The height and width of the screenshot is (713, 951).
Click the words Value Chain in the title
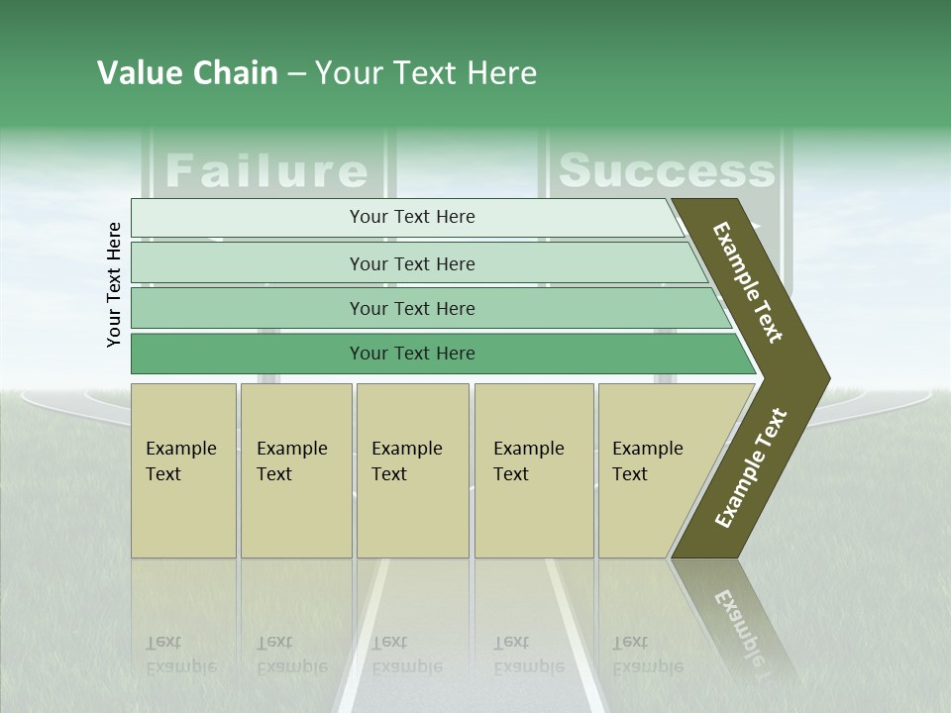pyautogui.click(x=187, y=73)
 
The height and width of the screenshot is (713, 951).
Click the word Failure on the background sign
pyautogui.click(x=265, y=170)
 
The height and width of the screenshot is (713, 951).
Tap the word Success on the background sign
pyautogui.click(x=666, y=170)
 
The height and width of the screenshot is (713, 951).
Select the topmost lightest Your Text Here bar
pyautogui.click(x=411, y=217)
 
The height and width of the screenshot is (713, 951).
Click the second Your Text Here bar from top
pyautogui.click(x=411, y=263)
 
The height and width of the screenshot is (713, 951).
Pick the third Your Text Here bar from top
pyautogui.click(x=411, y=308)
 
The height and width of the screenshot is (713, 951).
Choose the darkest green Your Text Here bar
pyautogui.click(x=411, y=354)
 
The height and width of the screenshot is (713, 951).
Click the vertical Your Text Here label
pyautogui.click(x=114, y=284)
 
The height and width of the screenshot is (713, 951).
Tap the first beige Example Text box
pyautogui.click(x=183, y=469)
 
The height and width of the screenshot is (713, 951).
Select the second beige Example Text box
pyautogui.click(x=295, y=469)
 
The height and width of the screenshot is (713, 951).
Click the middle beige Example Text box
pyautogui.click(x=411, y=469)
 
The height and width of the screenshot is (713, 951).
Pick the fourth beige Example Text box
pyautogui.click(x=533, y=469)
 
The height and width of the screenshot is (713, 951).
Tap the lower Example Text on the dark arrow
pyautogui.click(x=751, y=468)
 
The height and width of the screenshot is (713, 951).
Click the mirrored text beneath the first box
pyautogui.click(x=181, y=655)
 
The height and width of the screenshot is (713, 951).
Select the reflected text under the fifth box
pyautogui.click(x=647, y=655)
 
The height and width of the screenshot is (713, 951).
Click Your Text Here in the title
pyautogui.click(x=426, y=73)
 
